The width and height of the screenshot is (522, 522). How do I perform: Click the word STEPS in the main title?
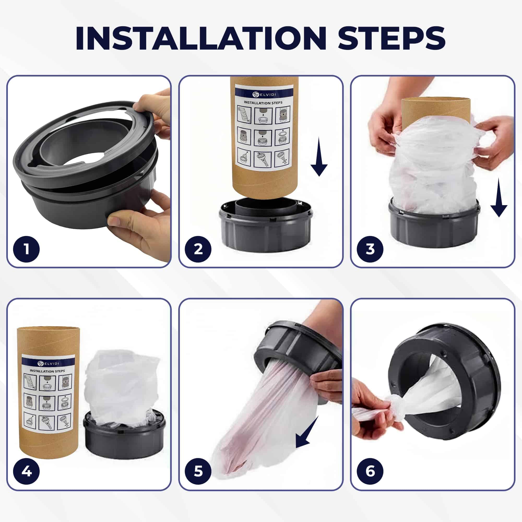point(391,38)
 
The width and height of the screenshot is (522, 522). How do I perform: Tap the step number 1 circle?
point(26,249)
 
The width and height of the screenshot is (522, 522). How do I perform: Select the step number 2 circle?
point(198,249)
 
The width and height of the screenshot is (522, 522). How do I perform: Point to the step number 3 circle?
point(370,249)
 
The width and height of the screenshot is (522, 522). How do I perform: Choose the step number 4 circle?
point(26,472)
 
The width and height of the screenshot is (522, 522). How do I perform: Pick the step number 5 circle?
point(198,472)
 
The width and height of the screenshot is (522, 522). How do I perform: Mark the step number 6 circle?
point(370,472)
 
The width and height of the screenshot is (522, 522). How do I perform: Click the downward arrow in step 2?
point(319,157)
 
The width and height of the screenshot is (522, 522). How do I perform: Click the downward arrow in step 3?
point(499,198)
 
